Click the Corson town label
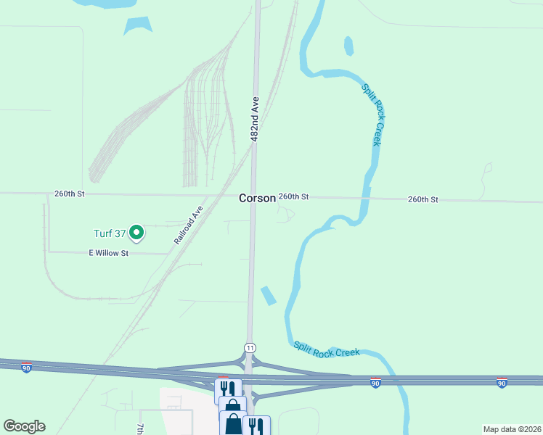tap(258, 198)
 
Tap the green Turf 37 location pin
tap(136, 233)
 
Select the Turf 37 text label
tap(110, 233)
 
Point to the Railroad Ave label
tap(188, 225)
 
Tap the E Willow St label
tap(108, 253)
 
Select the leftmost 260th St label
tap(70, 194)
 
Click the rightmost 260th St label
tap(423, 199)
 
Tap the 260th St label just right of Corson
tap(294, 197)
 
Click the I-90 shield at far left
tap(26, 368)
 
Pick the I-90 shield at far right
tap(502, 382)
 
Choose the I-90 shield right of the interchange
tap(375, 382)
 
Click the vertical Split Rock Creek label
tap(372, 115)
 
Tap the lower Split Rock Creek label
tap(326, 349)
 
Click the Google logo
tap(24, 426)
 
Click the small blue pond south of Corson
tap(268, 295)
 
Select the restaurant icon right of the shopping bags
tap(256, 426)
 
